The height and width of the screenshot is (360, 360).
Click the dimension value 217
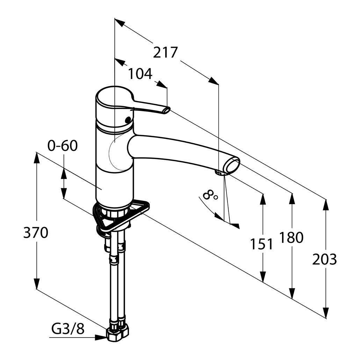[x=166, y=52]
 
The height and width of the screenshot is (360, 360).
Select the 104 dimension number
[x=140, y=74]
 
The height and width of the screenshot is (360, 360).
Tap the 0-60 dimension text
[x=63, y=146]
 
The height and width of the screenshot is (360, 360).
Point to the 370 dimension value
[x=36, y=233]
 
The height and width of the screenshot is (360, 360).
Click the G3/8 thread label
[x=68, y=329]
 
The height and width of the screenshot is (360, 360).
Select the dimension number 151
[x=261, y=244]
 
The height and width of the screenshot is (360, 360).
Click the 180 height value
[x=291, y=238]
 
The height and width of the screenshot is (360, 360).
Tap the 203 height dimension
[x=324, y=259]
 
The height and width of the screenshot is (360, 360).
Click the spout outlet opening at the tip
[x=232, y=165]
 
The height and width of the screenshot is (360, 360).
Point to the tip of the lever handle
[x=166, y=110]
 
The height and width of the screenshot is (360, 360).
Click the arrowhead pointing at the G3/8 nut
[x=101, y=338]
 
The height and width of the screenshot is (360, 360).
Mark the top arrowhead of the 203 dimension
[x=326, y=204]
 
